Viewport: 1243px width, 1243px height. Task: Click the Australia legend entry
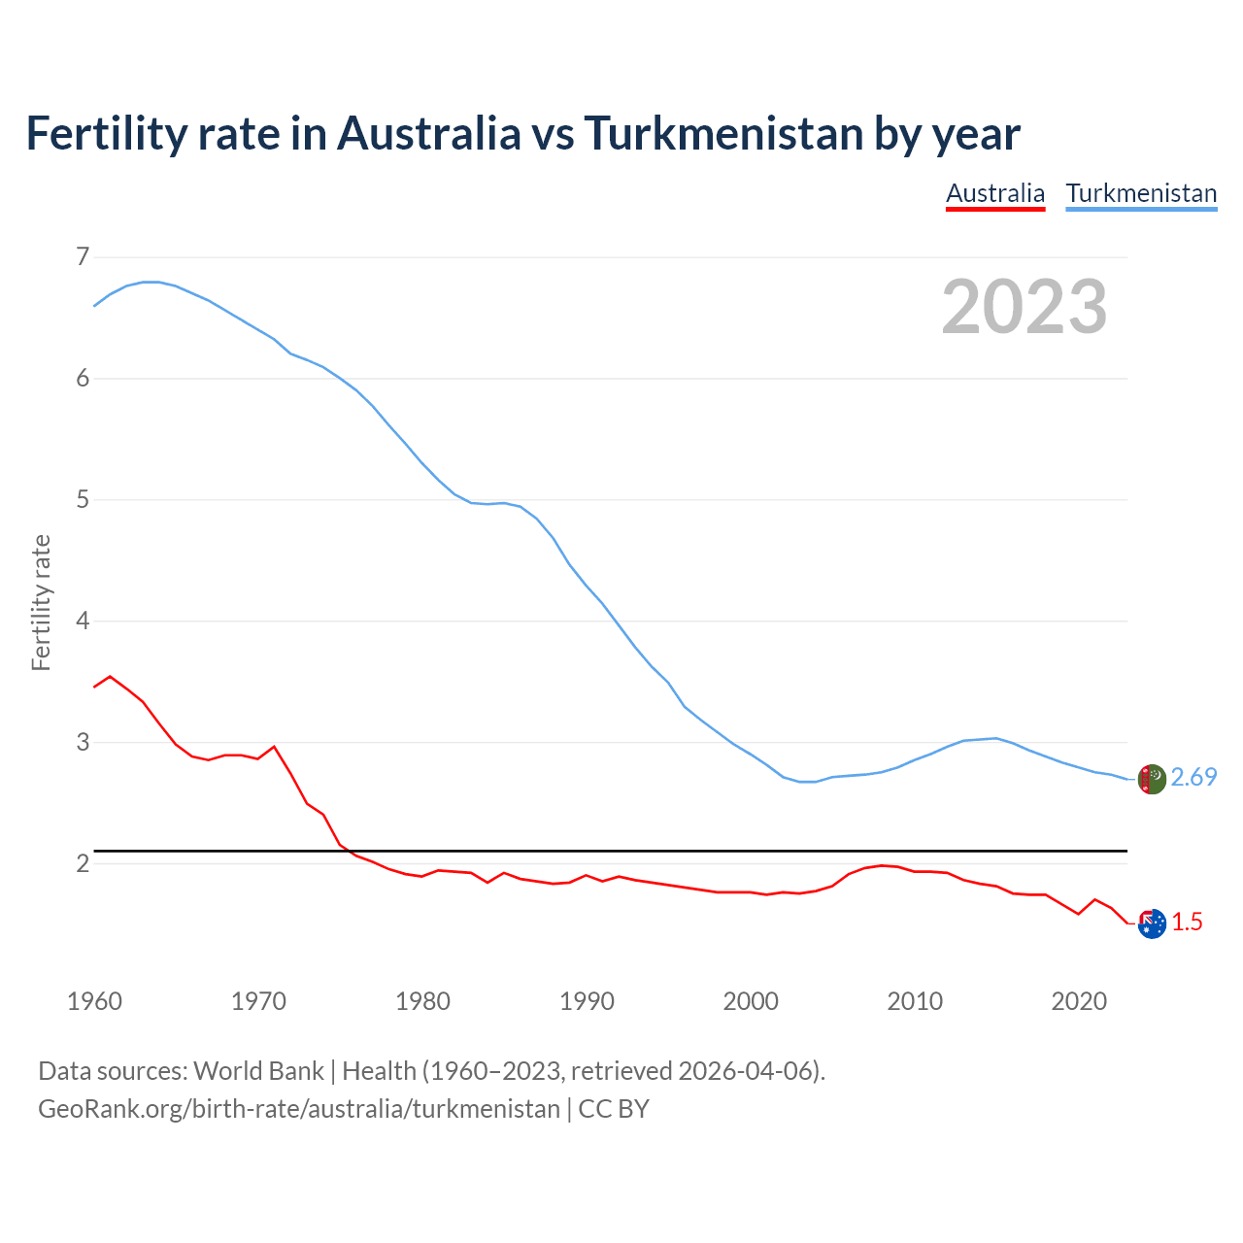[x=995, y=193]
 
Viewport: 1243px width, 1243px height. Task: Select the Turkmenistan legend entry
[x=1141, y=193]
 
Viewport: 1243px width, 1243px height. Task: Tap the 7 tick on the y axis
[x=83, y=256]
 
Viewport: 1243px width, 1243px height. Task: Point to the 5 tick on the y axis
[x=83, y=499]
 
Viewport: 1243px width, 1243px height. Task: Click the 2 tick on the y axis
[x=83, y=862]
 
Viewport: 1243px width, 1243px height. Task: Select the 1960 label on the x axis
[x=94, y=1001]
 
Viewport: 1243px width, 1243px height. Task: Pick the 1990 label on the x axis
[x=587, y=1001]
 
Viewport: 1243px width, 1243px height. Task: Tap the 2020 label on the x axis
[x=1079, y=1001]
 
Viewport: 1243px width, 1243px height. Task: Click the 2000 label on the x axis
[x=751, y=1001]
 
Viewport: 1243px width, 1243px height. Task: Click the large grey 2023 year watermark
[x=1025, y=307]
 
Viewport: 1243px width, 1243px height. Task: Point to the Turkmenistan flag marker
[x=1151, y=779]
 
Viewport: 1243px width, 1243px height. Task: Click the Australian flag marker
[x=1151, y=924]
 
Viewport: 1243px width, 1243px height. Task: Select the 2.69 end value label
[x=1193, y=777]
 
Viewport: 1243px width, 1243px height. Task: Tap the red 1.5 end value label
[x=1187, y=923]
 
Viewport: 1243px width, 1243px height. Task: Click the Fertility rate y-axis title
[x=41, y=602]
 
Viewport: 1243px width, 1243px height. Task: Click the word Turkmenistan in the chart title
[x=723, y=133]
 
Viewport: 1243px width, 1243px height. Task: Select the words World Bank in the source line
[x=258, y=1071]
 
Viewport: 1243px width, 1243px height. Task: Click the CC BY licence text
[x=614, y=1108]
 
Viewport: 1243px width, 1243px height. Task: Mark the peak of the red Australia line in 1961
[x=110, y=676]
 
